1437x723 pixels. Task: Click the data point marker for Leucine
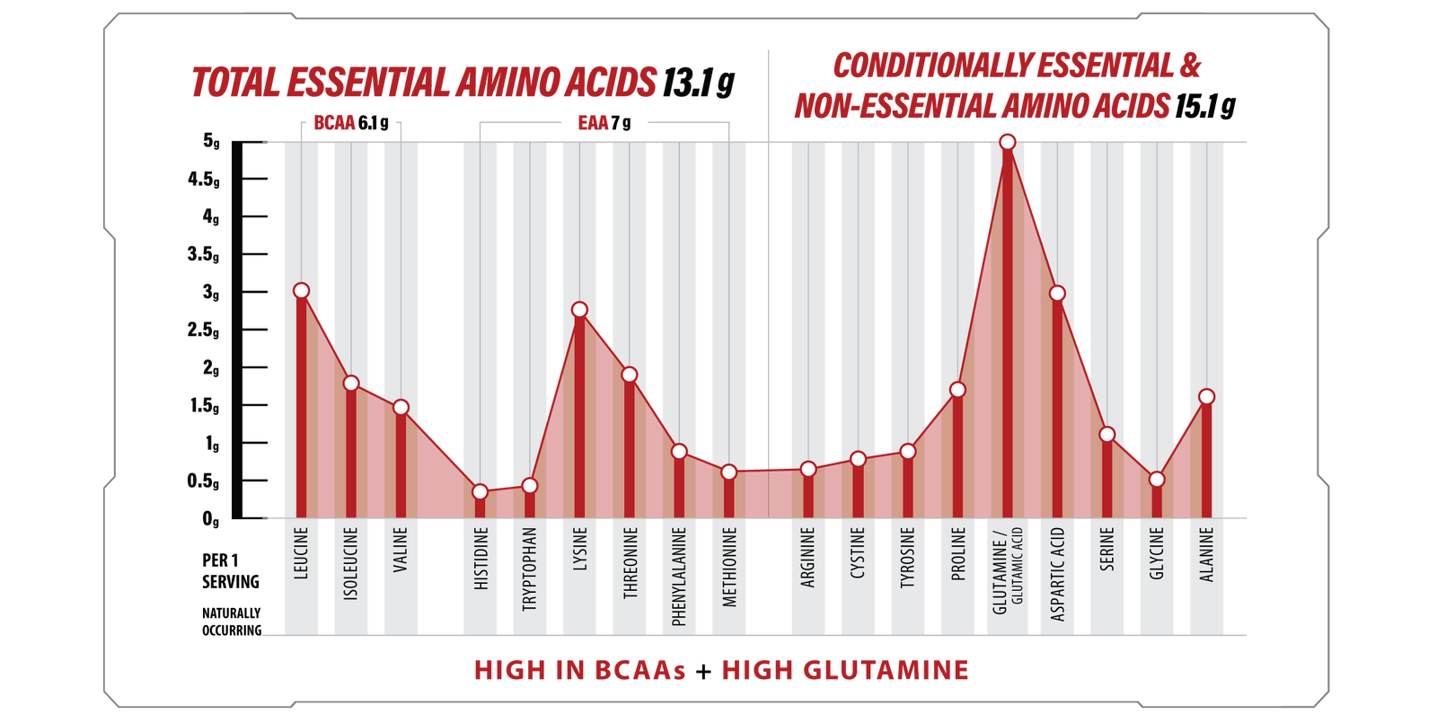[301, 290]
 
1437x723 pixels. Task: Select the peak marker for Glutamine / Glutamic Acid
[1008, 142]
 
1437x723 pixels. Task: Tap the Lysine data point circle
[579, 310]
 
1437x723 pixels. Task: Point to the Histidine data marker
[480, 492]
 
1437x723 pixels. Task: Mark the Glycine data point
[1157, 480]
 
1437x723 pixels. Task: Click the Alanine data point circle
[1207, 397]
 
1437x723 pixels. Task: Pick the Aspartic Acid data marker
[1057, 294]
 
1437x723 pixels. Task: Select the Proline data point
[957, 390]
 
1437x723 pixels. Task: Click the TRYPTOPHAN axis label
[530, 569]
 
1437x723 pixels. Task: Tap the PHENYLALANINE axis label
[679, 576]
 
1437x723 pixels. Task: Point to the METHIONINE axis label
[729, 567]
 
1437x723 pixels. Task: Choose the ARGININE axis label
[808, 558]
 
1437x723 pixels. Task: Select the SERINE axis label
[1107, 549]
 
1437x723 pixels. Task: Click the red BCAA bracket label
[334, 123]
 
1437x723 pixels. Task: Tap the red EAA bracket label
[593, 123]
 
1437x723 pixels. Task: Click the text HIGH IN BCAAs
[579, 670]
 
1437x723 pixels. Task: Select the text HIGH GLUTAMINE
[844, 670]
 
